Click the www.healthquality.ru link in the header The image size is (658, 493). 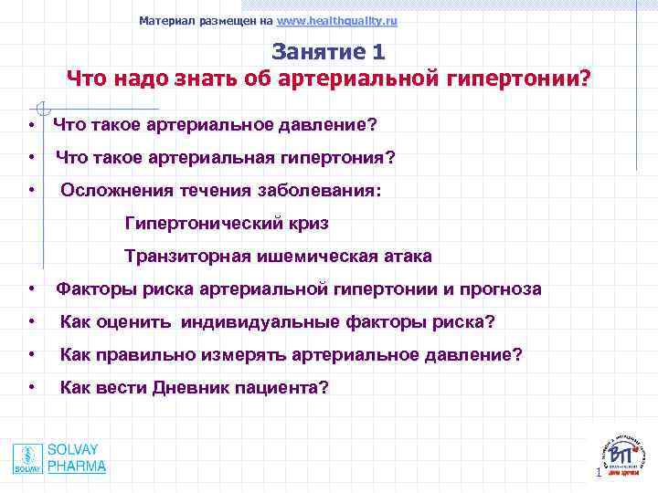pyautogui.click(x=336, y=20)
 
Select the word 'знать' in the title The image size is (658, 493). pyautogui.click(x=198, y=79)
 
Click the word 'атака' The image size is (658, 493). pyautogui.click(x=405, y=257)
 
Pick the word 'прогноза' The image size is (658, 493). pyautogui.click(x=499, y=289)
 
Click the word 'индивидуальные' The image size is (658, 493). pyautogui.click(x=249, y=322)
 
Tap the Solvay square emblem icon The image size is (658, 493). pyautogui.click(x=27, y=458)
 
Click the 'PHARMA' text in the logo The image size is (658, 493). pyautogui.click(x=77, y=467)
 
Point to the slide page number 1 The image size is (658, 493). pyautogui.click(x=598, y=473)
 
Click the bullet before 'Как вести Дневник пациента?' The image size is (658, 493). pyautogui.click(x=32, y=388)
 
